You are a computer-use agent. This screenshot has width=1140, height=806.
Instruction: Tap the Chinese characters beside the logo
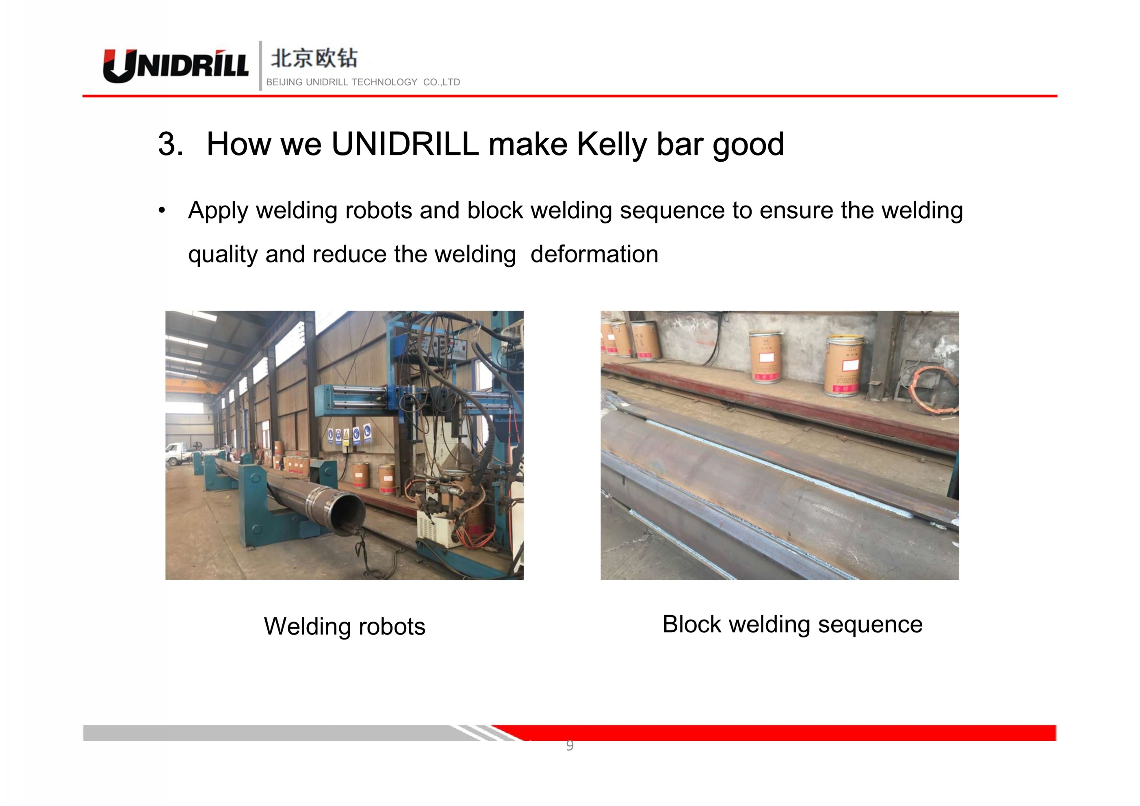pyautogui.click(x=314, y=58)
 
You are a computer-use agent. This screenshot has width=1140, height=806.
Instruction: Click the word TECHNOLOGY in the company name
pyautogui.click(x=384, y=82)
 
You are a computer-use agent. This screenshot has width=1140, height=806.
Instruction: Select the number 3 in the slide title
pyautogui.click(x=170, y=144)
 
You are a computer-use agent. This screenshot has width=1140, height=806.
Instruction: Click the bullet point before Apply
pyautogui.click(x=161, y=210)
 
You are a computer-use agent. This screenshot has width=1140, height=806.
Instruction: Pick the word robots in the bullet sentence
pyautogui.click(x=378, y=210)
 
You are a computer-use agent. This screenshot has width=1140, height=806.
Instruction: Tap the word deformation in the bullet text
pyautogui.click(x=594, y=254)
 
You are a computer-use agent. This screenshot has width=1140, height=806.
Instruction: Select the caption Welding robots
pyautogui.click(x=345, y=626)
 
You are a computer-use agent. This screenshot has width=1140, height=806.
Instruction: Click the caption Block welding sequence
pyautogui.click(x=793, y=625)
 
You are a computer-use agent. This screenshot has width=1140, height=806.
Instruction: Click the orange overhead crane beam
pyautogui.click(x=191, y=387)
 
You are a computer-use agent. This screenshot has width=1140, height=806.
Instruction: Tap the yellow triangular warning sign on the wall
pyautogui.click(x=346, y=435)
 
